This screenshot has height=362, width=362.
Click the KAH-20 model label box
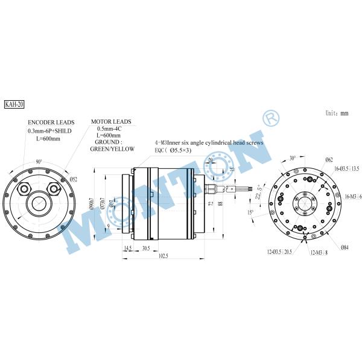13,104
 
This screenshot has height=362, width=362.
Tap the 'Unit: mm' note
337,112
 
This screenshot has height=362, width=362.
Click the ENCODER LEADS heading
50,122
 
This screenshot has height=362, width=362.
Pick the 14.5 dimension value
128,247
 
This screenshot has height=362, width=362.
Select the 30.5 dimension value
146,247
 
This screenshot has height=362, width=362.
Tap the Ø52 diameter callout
74,179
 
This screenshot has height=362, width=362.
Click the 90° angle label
39,162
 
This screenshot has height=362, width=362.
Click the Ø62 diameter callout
329,159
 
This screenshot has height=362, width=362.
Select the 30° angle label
292,158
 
